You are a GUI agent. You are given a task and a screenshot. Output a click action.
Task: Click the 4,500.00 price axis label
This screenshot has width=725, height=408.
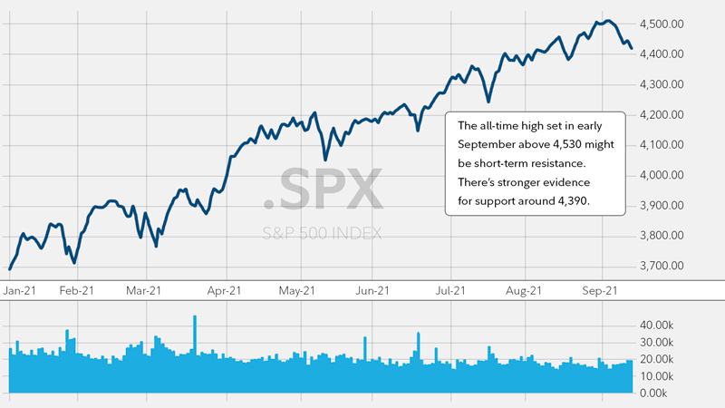[669, 24]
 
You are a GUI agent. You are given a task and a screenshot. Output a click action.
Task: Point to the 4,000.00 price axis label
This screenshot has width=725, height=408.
[669, 175]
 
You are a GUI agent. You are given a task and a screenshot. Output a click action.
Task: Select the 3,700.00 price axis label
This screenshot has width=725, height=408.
[669, 266]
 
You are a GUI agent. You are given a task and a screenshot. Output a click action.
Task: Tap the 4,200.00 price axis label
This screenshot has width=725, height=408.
[669, 115]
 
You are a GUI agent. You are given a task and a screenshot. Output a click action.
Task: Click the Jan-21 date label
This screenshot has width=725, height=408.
[19, 290]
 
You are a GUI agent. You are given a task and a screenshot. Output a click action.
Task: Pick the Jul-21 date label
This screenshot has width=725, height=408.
[450, 290]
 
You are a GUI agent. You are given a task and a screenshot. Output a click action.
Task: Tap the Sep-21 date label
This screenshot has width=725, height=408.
[599, 290]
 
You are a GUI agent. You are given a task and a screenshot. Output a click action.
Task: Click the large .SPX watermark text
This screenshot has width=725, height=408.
[324, 189]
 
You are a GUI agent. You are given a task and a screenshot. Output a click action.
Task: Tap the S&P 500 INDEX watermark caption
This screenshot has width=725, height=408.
[322, 233]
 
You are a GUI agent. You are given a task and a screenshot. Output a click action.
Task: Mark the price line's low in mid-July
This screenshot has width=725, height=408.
[488, 101]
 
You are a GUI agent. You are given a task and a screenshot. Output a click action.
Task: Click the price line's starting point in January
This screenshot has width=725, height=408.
[10, 268]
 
